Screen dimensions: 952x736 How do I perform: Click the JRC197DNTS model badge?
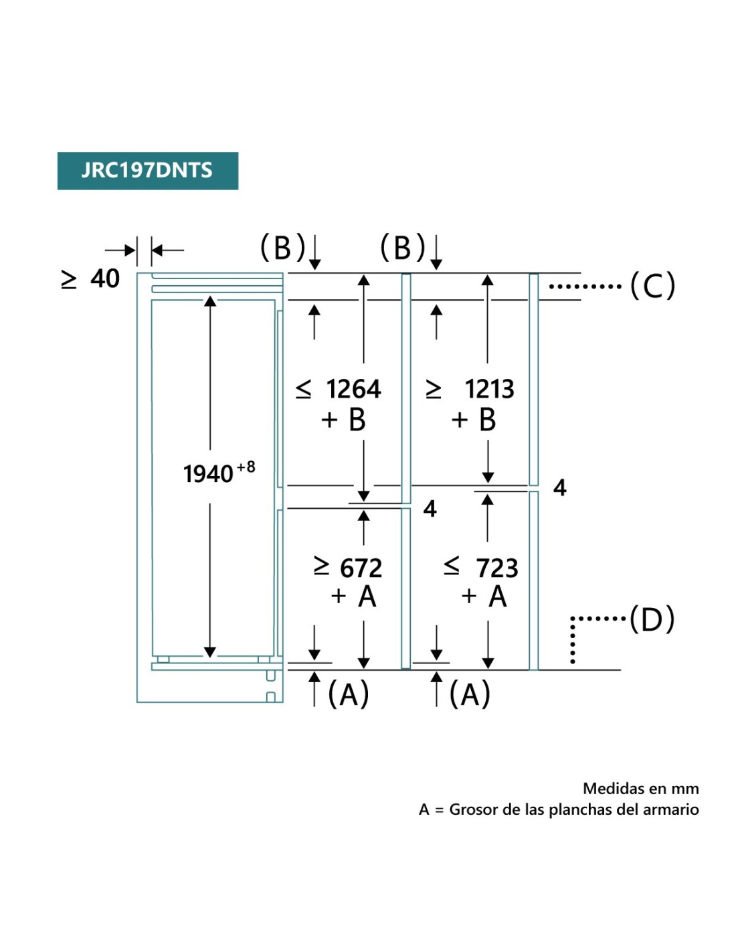coord(147,171)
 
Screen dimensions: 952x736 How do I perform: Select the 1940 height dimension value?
coord(207,474)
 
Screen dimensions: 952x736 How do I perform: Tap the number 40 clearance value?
coord(105,279)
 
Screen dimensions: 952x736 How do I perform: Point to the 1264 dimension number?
coord(353,389)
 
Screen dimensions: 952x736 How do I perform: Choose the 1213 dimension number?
coord(489,389)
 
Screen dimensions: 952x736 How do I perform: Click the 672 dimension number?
coord(361,568)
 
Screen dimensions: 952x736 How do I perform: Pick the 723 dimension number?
coord(496,568)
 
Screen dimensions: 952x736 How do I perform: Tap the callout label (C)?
coord(652,286)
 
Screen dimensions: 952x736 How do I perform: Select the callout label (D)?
coord(652,619)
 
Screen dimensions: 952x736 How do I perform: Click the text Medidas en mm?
coord(640,788)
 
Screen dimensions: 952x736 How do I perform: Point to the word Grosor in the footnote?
coord(474,809)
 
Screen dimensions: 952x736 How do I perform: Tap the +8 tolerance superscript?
coord(246,467)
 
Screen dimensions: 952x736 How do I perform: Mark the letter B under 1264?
coord(357,420)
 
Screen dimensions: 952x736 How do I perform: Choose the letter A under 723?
coord(497,596)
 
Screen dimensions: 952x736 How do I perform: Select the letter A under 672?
coord(367,596)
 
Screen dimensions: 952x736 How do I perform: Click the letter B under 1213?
coord(487,420)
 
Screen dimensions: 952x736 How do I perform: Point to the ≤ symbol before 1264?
coord(304,389)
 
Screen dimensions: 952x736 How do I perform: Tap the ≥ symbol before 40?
coord(69,279)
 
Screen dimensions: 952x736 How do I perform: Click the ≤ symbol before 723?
coord(452,567)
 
